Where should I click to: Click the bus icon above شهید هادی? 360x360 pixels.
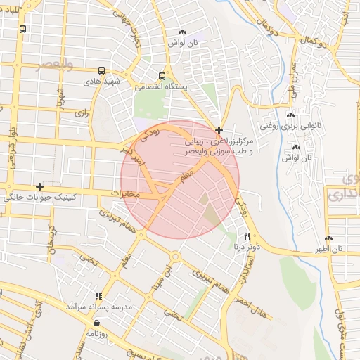[103, 71]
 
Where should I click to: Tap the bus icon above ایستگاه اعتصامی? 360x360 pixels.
[162, 76]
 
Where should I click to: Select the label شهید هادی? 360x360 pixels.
[103, 82]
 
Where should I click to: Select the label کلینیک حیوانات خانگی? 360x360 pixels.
[39, 196]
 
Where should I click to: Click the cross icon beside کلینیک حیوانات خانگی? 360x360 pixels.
[40, 186]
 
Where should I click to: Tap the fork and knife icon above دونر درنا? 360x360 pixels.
[247, 236]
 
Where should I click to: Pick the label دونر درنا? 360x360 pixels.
[245, 247]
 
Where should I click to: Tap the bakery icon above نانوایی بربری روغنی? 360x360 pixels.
[290, 115]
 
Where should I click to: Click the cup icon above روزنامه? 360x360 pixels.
[96, 324]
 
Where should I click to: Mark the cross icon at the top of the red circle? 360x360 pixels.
[219, 130]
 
